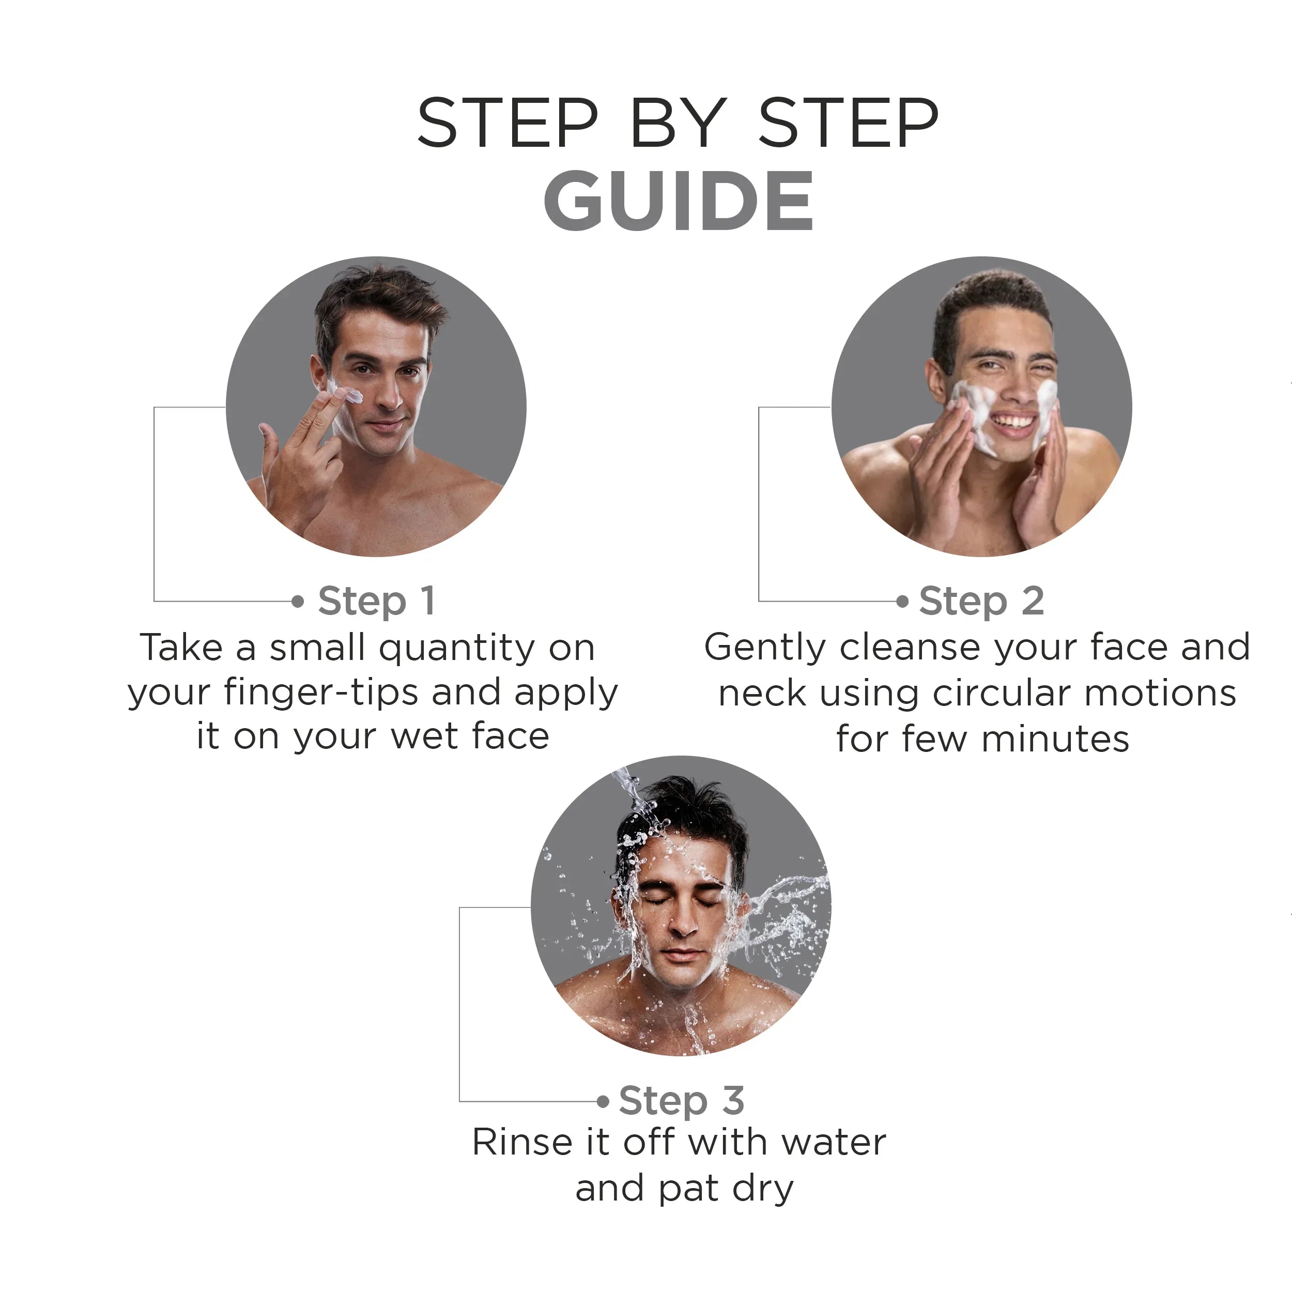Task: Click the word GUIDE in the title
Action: tap(678, 201)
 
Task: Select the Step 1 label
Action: tap(377, 601)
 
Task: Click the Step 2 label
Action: tap(980, 601)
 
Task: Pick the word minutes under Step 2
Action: tap(1055, 739)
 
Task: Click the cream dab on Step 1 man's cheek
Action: tap(352, 396)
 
